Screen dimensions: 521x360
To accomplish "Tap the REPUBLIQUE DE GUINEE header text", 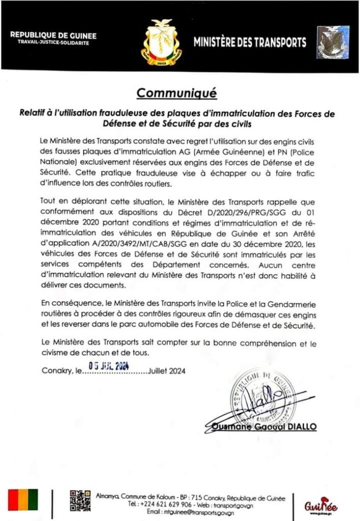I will [53, 36].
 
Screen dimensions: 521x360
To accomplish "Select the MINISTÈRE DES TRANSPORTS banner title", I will [250, 42].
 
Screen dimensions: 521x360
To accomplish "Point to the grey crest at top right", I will [333, 42].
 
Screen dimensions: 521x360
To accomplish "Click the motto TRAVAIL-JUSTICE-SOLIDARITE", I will [53, 43].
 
